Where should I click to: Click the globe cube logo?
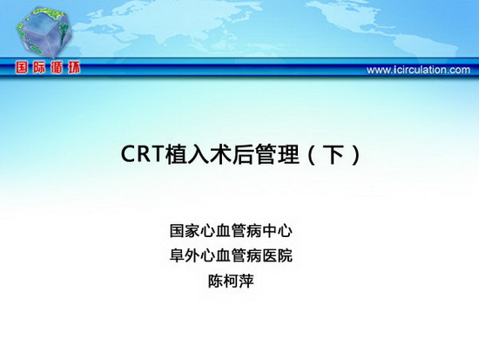[44, 32]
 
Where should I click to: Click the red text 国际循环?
[48, 68]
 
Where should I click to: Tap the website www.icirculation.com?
[418, 70]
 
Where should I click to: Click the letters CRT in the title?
[143, 153]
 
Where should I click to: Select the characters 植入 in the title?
[187, 153]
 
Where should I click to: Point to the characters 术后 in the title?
[232, 153]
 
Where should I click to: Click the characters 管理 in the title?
[276, 153]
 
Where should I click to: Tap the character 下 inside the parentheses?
[334, 154]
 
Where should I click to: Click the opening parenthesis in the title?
[312, 154]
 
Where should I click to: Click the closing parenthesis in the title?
[356, 154]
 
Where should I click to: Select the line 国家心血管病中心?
[231, 231]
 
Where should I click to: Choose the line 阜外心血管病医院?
[231, 255]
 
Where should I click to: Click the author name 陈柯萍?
[231, 281]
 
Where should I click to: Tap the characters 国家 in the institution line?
[185, 231]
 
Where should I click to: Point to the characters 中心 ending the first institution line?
[277, 231]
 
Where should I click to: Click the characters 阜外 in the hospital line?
[185, 255]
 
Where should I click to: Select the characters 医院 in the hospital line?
[277, 255]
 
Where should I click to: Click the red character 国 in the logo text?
[22, 68]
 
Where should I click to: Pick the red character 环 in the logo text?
[74, 68]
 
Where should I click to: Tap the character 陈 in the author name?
[215, 281]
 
